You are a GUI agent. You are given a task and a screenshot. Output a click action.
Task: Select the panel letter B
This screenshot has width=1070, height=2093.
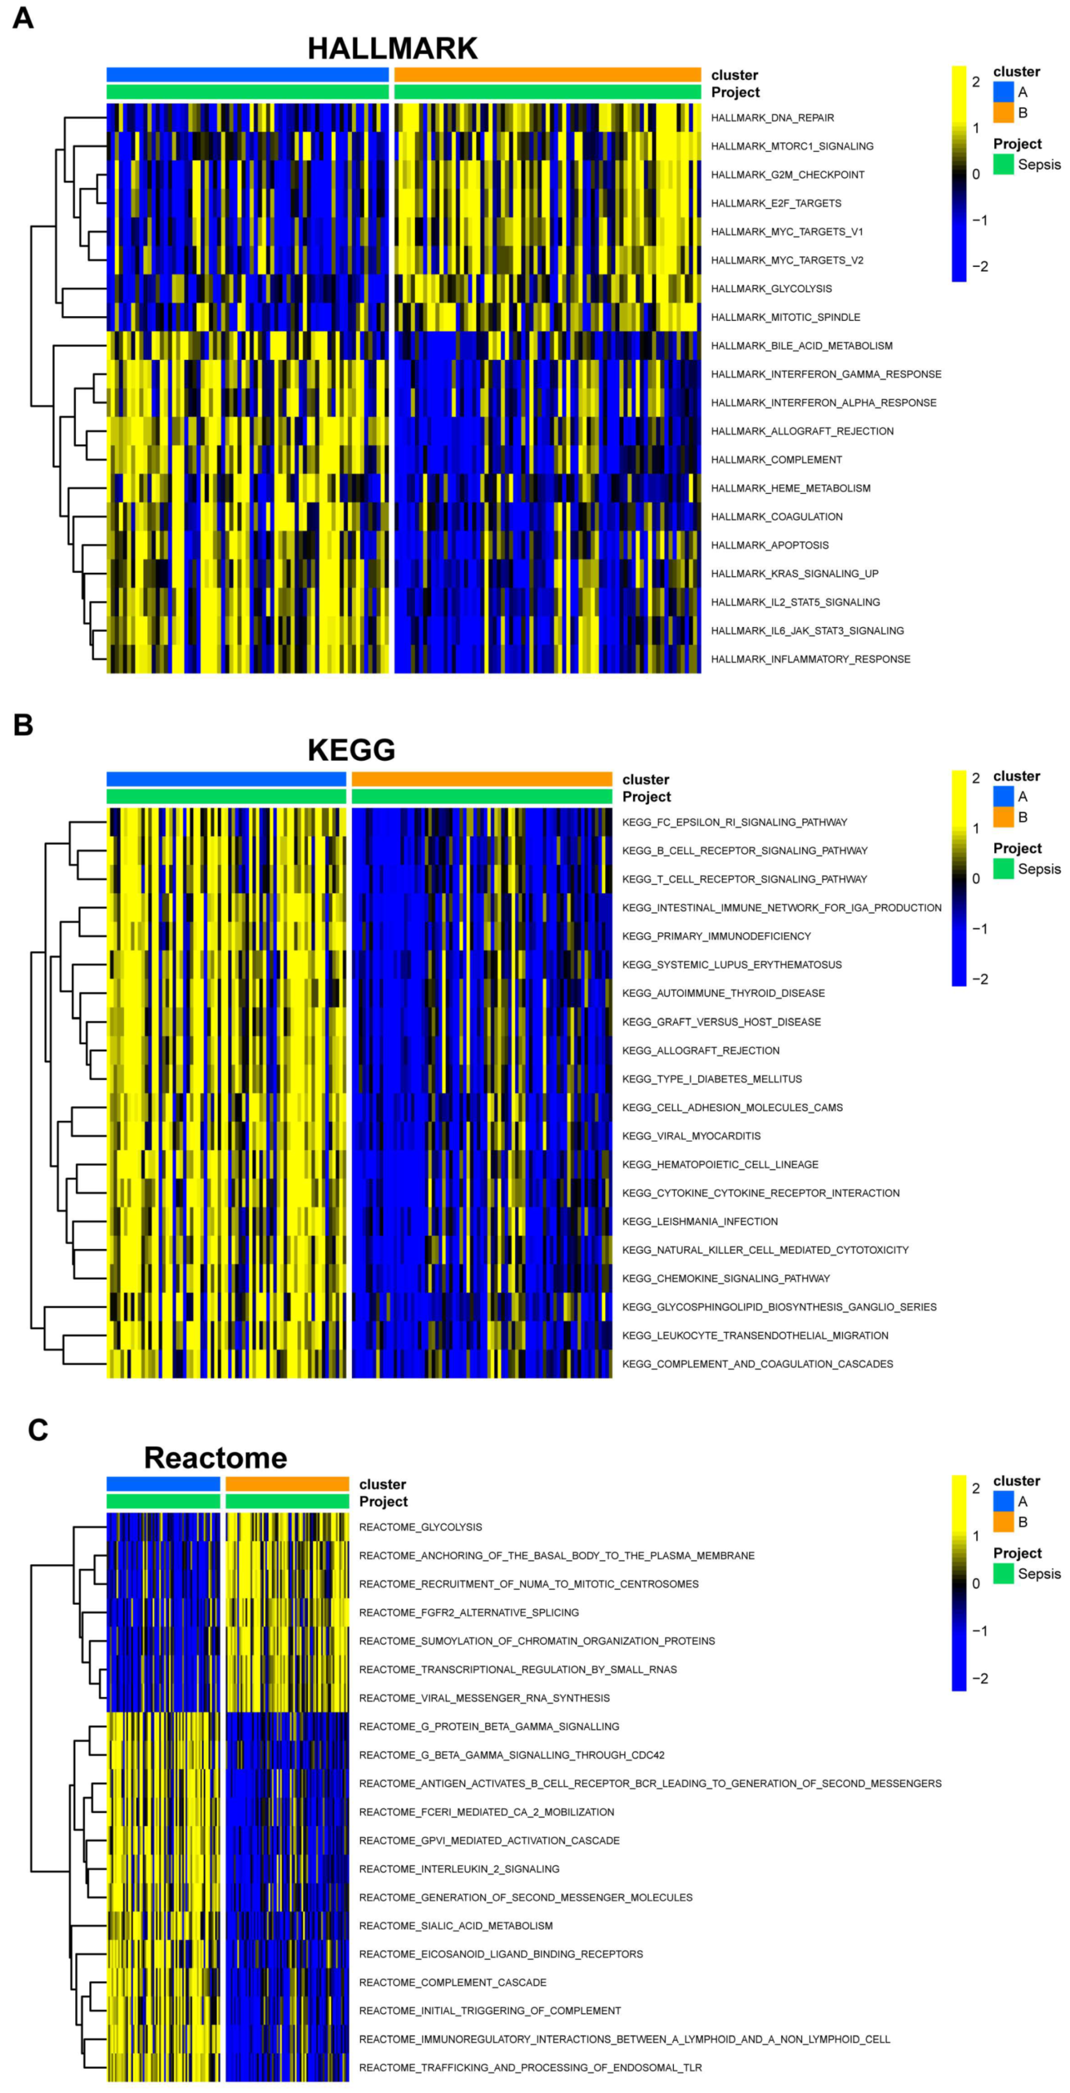click(23, 725)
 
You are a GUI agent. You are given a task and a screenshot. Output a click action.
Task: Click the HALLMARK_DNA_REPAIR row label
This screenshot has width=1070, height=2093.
click(772, 118)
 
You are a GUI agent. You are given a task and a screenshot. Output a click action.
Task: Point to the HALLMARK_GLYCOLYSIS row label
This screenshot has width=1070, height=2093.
click(771, 288)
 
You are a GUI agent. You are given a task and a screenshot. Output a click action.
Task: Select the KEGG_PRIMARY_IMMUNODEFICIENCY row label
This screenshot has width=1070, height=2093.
click(716, 936)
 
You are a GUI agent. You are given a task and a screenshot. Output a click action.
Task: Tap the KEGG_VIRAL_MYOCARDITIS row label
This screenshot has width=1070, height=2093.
click(691, 1136)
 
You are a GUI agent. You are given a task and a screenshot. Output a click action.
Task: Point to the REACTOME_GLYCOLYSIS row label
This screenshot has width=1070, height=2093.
click(420, 1527)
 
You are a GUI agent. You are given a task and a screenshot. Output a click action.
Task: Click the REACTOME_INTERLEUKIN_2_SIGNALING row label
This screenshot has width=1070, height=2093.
click(459, 1869)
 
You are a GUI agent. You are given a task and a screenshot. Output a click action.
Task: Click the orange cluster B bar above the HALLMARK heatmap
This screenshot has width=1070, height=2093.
click(547, 75)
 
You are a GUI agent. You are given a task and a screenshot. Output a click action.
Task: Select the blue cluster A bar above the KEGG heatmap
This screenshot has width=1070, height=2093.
click(226, 779)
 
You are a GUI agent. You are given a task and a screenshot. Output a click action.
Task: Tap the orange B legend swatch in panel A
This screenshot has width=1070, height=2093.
click(1004, 112)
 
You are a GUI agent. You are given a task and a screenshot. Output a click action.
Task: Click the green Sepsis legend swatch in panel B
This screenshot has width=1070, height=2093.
click(1004, 869)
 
